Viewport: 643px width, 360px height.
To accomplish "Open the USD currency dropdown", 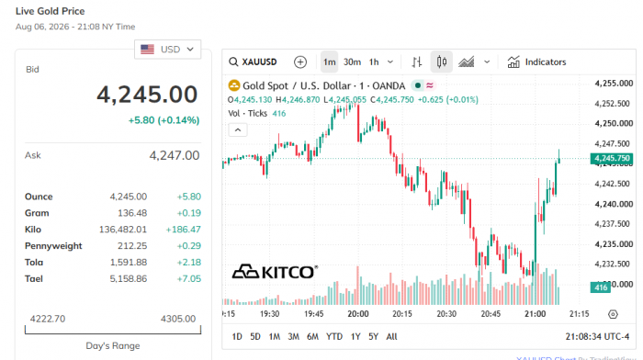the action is [167, 50].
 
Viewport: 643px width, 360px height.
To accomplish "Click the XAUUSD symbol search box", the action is [253, 62].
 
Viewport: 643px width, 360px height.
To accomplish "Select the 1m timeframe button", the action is [329, 62].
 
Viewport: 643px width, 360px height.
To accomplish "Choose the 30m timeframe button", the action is [352, 62].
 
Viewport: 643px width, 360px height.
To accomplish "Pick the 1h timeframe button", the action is [374, 62].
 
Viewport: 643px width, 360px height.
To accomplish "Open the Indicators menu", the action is [536, 62].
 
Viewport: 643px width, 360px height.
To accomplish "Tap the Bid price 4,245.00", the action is [147, 95].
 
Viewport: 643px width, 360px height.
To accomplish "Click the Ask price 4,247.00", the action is [175, 155].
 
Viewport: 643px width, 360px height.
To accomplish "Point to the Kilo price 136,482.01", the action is [123, 230].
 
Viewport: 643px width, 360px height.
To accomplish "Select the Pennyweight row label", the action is [53, 245].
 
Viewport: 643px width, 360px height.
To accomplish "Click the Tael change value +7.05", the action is [189, 279].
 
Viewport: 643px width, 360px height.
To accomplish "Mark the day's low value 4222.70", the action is [48, 319].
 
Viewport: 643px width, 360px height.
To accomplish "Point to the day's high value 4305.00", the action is [178, 319].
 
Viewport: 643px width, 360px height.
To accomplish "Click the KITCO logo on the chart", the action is [275, 272].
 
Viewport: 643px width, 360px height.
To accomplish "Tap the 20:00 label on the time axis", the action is [358, 314].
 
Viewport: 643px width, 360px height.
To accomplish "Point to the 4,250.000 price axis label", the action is [614, 123].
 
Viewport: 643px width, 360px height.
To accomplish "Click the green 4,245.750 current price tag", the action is [612, 158].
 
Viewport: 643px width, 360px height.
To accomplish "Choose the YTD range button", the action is [334, 337].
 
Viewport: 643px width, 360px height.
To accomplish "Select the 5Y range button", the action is [373, 337].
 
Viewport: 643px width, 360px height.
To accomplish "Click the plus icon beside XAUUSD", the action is [300, 62].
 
